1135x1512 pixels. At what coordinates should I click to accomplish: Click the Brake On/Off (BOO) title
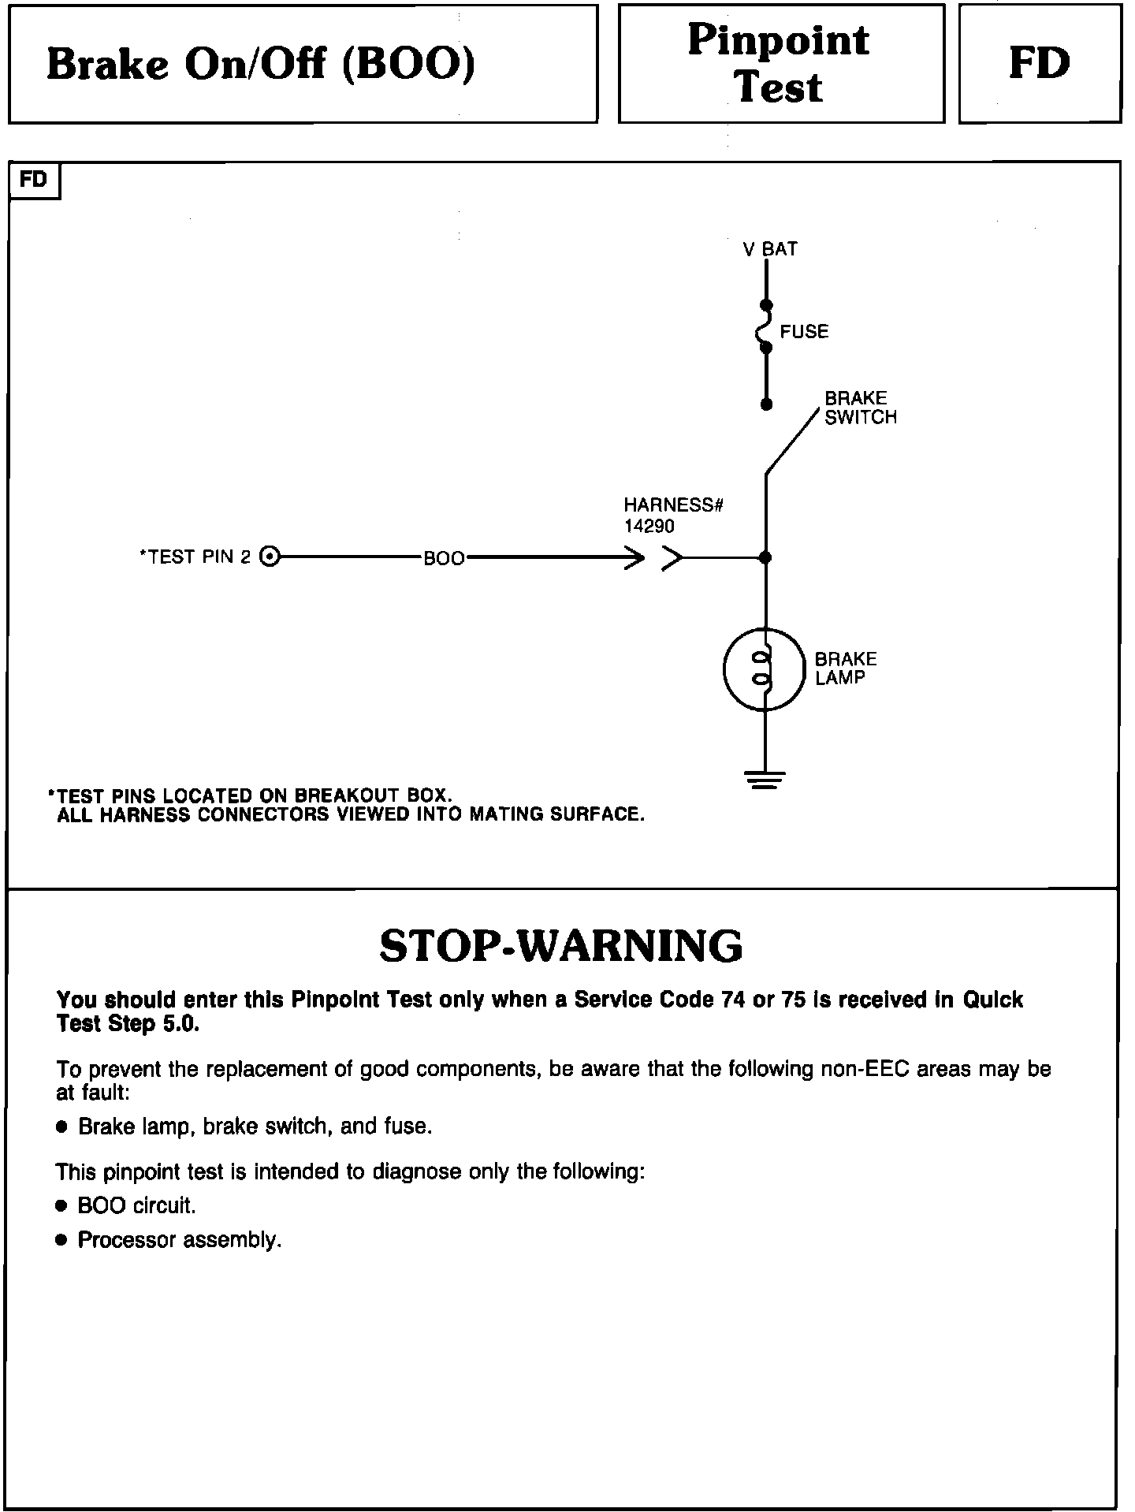pos(261,65)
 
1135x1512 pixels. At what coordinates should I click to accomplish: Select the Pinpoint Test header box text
pos(779,63)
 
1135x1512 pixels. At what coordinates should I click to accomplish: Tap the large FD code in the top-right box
pos(1040,64)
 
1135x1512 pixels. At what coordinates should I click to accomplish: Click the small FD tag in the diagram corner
pos(34,180)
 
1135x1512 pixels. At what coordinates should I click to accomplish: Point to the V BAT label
pos(770,249)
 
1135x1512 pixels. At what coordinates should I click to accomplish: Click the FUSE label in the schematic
pos(804,332)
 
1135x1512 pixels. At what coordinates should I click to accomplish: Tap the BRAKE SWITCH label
pos(860,408)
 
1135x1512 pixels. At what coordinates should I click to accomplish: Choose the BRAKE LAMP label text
pos(845,668)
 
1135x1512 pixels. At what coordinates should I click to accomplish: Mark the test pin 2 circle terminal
pos(270,557)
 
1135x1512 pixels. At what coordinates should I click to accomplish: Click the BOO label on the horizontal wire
pos(444,559)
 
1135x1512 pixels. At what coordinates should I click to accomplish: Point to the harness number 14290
pos(649,526)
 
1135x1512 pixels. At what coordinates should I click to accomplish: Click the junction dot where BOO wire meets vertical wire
pos(765,558)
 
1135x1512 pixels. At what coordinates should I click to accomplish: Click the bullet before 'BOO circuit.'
pos(62,1206)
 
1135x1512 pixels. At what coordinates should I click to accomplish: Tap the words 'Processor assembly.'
pos(180,1240)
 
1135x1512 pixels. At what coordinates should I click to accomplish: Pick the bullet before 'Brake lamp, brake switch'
pos(62,1127)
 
